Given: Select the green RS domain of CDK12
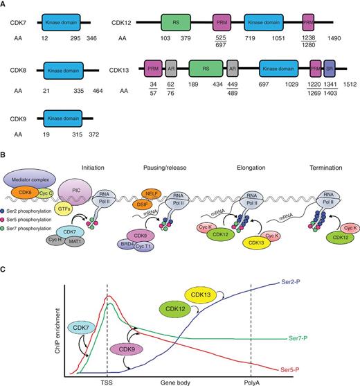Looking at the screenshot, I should point(176,24).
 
